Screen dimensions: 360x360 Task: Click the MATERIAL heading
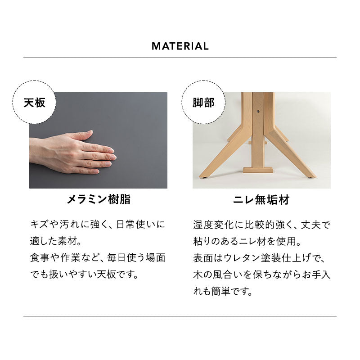180,46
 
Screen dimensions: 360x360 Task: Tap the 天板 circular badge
34,102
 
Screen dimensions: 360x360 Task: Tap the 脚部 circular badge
203,102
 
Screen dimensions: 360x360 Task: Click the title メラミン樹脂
99,200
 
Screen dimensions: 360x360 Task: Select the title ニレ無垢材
261,200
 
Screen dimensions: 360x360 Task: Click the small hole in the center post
258,109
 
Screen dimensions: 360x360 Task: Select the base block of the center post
258,170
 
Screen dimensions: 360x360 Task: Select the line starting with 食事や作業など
98,257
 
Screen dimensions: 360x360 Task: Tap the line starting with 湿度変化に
261,224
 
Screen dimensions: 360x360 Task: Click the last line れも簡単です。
222,291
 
